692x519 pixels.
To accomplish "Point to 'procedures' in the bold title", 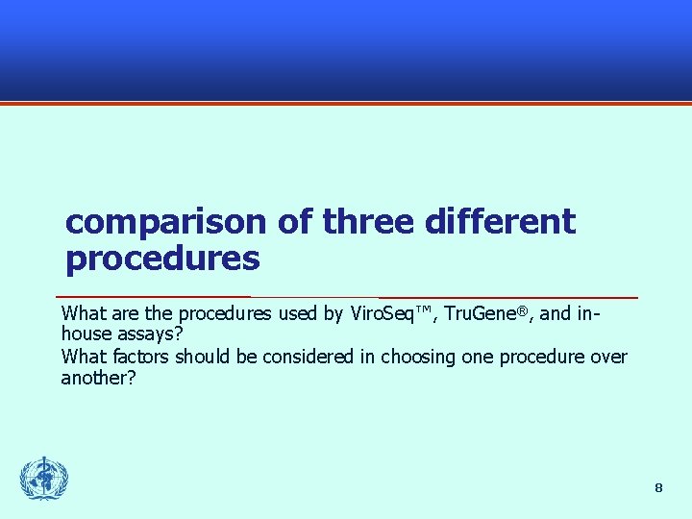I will pyautogui.click(x=162, y=259).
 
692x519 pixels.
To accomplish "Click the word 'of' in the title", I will pyautogui.click(x=293, y=222).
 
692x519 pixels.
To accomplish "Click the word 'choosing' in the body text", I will pyautogui.click(x=415, y=358).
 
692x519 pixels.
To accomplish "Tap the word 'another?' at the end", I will pyautogui.click(x=99, y=378).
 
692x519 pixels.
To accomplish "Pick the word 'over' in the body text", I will pyautogui.click(x=608, y=358).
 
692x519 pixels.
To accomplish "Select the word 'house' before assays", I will pyautogui.click(x=85, y=334).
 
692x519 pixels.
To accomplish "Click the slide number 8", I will pyautogui.click(x=658, y=488).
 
